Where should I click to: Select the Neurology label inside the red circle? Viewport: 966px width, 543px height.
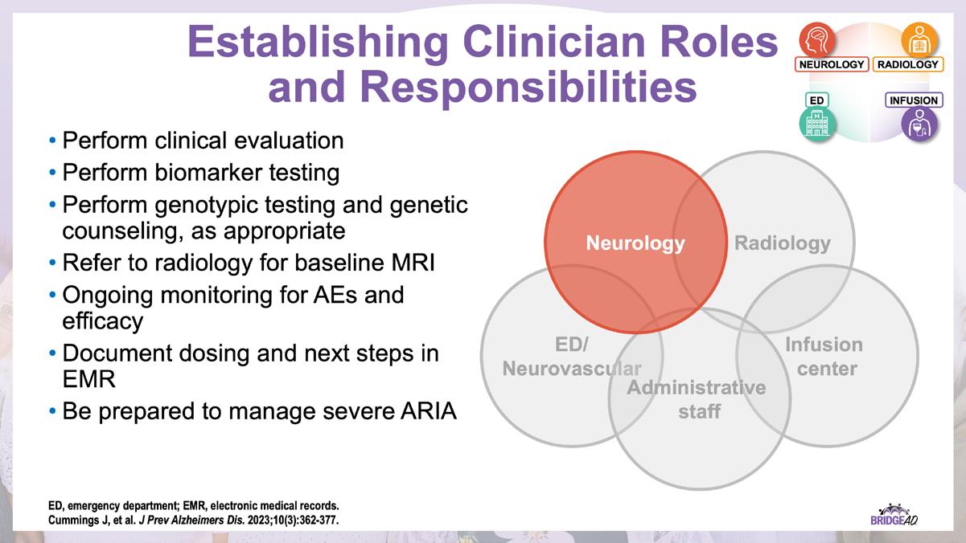(635, 243)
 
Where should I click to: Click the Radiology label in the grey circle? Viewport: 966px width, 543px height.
(782, 243)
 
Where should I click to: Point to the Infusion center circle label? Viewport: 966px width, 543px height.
(823, 357)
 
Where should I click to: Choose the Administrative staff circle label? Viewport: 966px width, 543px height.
(697, 399)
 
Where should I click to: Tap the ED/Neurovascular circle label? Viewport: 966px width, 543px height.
(572, 357)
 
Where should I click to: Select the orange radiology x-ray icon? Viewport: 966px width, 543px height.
(919, 39)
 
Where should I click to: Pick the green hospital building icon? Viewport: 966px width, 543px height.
(817, 125)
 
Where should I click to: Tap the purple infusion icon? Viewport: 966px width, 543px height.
(919, 125)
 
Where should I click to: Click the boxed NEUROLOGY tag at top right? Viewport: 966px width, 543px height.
(831, 64)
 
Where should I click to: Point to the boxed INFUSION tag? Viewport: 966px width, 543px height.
(913, 100)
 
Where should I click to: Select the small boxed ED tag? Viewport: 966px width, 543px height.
(816, 100)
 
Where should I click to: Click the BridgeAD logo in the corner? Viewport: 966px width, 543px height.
(894, 515)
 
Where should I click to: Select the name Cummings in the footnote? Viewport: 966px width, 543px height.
(71, 521)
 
